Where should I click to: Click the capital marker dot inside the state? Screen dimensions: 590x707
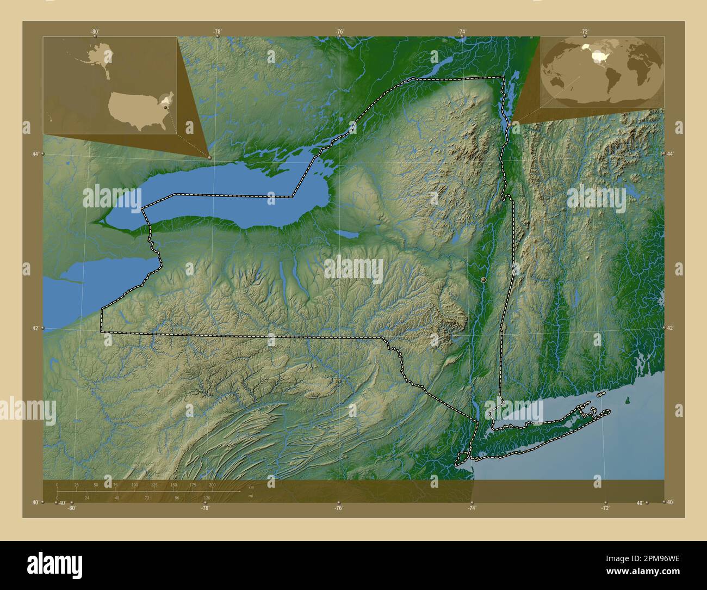click(483, 279)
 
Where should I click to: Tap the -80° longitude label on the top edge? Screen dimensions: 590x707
click(95, 32)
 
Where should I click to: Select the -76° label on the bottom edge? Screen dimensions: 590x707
click(338, 508)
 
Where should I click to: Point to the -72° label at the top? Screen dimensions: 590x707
click(585, 32)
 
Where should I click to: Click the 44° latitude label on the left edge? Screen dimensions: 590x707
click(35, 155)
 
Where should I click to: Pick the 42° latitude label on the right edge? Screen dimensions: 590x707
click(670, 328)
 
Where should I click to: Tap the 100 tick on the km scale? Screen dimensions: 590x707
click(134, 485)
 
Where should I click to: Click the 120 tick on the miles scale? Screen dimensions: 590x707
click(207, 497)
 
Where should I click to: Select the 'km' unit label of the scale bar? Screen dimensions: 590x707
click(251, 487)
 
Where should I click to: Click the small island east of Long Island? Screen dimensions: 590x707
click(628, 402)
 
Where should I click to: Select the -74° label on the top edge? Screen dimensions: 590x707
click(462, 32)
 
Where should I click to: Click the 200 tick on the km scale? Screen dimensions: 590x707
click(212, 485)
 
